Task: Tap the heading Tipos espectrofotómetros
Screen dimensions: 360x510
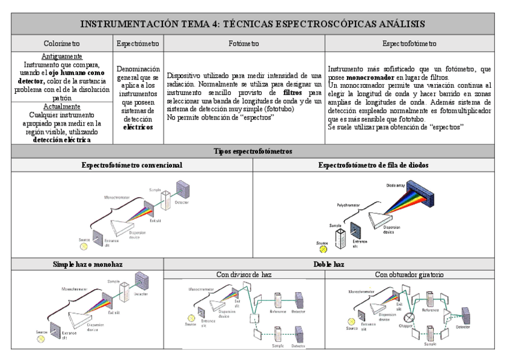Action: pos(255,152)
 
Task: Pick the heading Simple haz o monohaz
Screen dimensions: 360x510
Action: pos(88,264)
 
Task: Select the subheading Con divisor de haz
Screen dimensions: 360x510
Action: pos(244,275)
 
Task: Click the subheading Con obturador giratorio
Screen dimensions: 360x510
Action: pos(409,275)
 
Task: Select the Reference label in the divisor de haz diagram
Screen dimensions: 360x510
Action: pos(261,312)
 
